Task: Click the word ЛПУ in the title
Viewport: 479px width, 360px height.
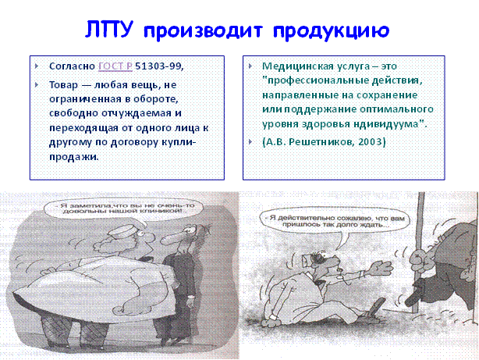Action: coord(108,30)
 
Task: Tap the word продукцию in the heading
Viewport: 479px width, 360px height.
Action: coord(331,31)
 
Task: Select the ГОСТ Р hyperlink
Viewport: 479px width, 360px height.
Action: coord(115,66)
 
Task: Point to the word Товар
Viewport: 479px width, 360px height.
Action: coord(63,84)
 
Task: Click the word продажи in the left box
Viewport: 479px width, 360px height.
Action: coord(74,157)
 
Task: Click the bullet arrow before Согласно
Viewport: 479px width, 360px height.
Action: coord(37,66)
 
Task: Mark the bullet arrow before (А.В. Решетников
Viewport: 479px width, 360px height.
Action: coord(250,141)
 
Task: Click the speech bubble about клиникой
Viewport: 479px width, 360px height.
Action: coord(123,209)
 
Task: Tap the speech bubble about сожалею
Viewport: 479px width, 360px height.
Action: coord(335,221)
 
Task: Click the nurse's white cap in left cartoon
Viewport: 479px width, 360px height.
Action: coord(126,231)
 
